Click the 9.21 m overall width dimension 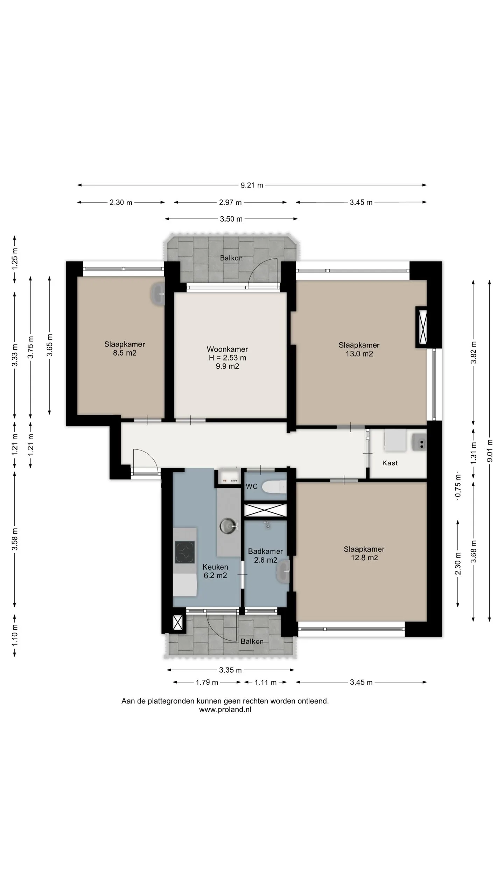[252, 185]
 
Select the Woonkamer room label [227, 349]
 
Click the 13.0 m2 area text [359, 354]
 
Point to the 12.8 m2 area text [364, 558]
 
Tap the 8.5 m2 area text [125, 353]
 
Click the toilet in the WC [274, 486]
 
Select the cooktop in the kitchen [184, 552]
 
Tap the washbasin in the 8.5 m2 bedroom [157, 294]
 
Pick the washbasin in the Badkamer [283, 571]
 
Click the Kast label [390, 463]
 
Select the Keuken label [215, 567]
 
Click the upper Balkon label [231, 258]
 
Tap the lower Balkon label [252, 642]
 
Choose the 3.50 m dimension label [231, 219]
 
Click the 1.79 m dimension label [207, 682]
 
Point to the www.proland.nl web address [225, 710]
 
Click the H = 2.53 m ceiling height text [227, 358]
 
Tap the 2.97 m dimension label [230, 202]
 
